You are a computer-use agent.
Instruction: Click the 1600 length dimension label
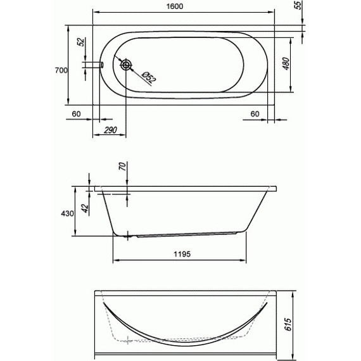pos(175,6)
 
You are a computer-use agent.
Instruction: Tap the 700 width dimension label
pos(61,70)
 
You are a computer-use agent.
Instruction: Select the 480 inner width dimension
pos(286,64)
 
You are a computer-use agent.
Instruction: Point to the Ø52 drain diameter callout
pos(149,77)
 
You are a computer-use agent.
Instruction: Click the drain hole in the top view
pos(125,65)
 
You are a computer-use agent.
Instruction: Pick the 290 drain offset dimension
pos(110,130)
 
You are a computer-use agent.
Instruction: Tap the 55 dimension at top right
pos(298,5)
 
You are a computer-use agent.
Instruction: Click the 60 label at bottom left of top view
pos(76,114)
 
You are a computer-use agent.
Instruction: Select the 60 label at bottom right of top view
pos(255,114)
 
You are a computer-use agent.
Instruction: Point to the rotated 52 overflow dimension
pos(81,42)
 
